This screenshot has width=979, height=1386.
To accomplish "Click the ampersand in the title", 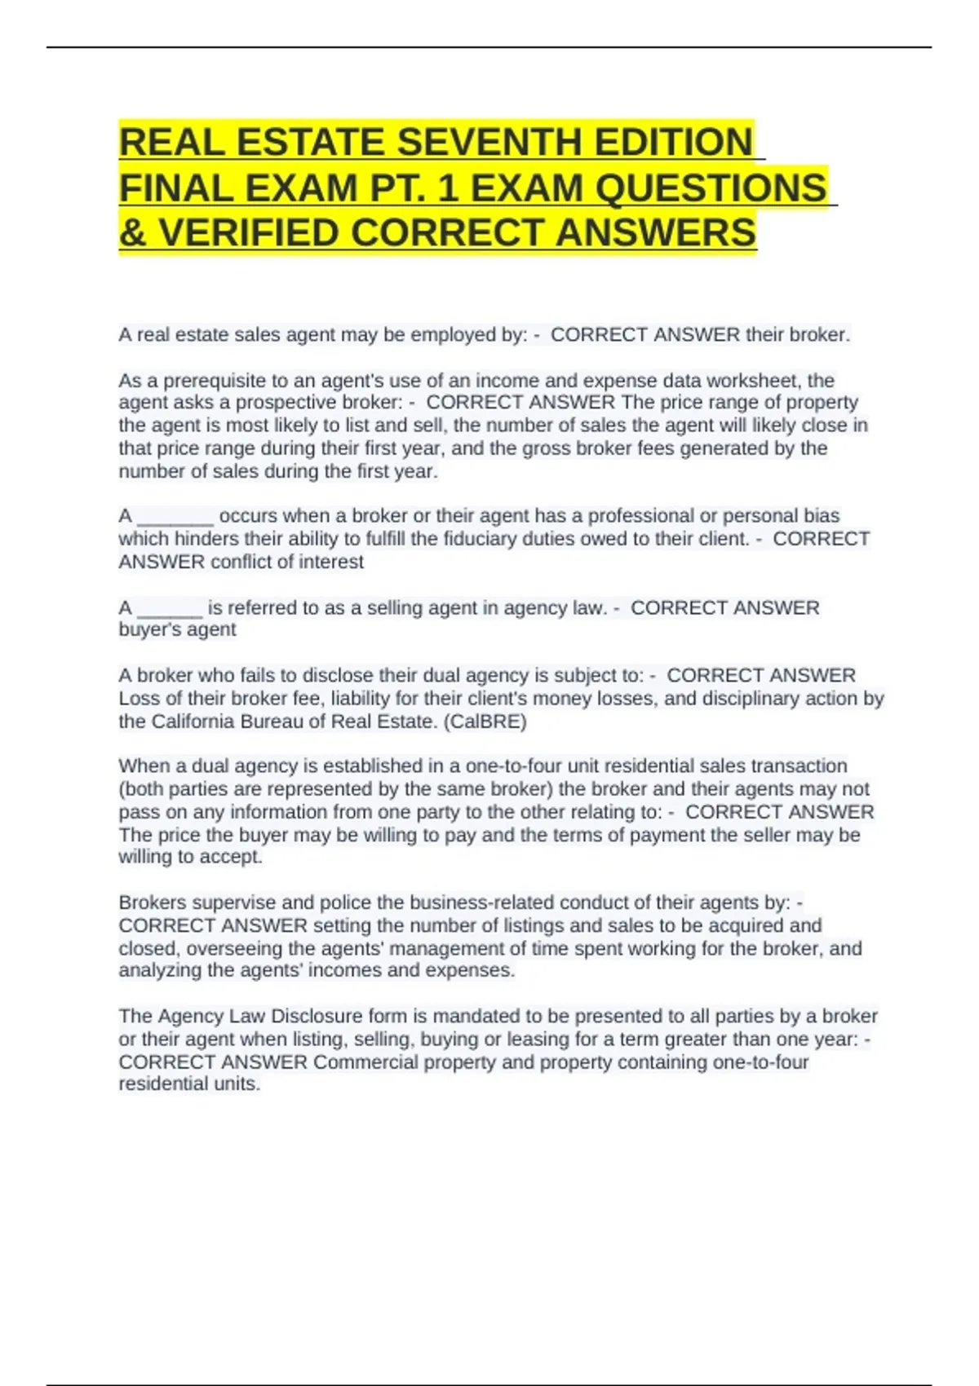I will coord(132,233).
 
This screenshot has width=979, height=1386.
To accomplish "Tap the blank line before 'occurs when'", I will coord(175,517).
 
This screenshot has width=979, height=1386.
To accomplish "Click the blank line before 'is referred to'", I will coord(170,608).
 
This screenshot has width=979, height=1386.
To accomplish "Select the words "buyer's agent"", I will coord(177,629).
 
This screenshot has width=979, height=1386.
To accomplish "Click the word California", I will coord(192,722).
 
